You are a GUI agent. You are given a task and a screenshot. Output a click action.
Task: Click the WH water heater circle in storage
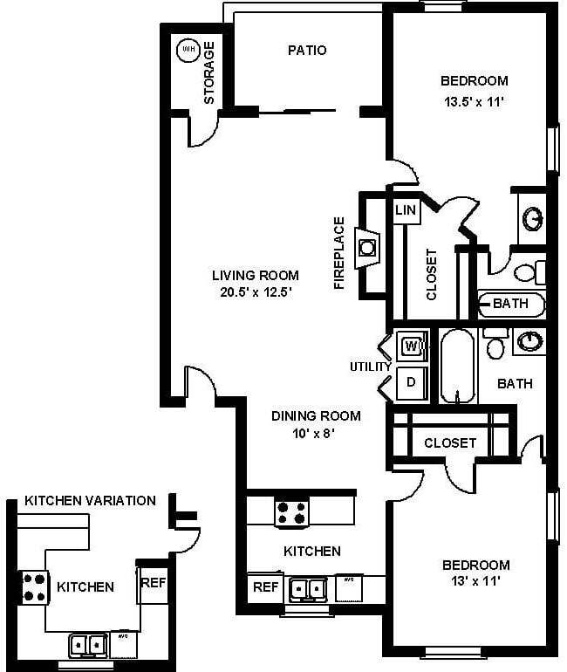pyautogui.click(x=188, y=50)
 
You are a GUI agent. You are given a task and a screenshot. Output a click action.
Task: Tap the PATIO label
pyautogui.click(x=307, y=50)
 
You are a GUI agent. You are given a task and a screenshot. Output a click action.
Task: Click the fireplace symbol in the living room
pyautogui.click(x=368, y=247)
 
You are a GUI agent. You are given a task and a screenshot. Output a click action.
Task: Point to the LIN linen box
pyautogui.click(x=406, y=210)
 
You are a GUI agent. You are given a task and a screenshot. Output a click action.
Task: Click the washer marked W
pyautogui.click(x=412, y=346)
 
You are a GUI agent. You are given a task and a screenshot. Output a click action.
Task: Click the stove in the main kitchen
pyautogui.click(x=291, y=511)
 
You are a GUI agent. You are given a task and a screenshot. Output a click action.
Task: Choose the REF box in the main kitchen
pyautogui.click(x=265, y=587)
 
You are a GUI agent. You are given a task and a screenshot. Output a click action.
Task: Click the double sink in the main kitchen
pyautogui.click(x=307, y=590)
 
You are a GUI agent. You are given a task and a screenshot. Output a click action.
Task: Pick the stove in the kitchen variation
pyautogui.click(x=33, y=586)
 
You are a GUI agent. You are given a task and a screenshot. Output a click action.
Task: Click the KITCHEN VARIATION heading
pyautogui.click(x=90, y=500)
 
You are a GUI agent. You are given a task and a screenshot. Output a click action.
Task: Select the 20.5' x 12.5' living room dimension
pyautogui.click(x=255, y=292)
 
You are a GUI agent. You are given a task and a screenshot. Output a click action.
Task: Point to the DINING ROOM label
pyautogui.click(x=315, y=415)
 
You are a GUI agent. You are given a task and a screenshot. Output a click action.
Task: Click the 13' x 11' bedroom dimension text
pyautogui.click(x=475, y=580)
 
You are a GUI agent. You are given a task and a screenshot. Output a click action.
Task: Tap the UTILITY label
pyautogui.click(x=371, y=367)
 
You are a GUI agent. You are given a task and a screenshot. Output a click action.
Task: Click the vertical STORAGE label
pyautogui.click(x=209, y=73)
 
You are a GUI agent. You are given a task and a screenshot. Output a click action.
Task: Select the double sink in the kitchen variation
pyautogui.click(x=89, y=645)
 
